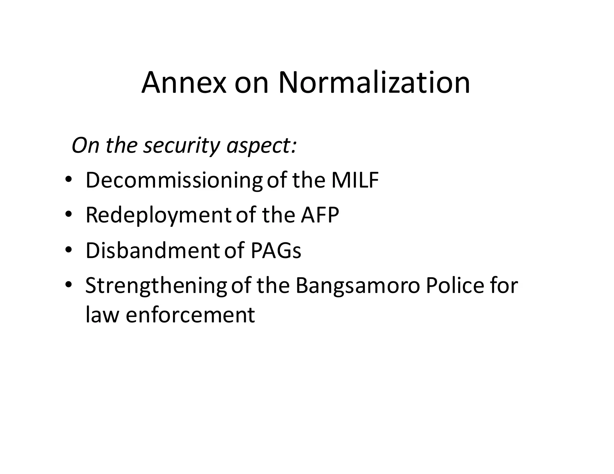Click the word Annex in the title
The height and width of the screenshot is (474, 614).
point(183,83)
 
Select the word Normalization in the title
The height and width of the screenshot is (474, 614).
point(374,83)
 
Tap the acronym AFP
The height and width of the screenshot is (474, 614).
point(320,215)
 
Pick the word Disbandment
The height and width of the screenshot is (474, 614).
point(153,250)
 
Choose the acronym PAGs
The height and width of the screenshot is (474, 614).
point(276,250)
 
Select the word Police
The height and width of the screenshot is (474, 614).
point(455,286)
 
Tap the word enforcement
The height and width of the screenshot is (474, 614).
point(190,315)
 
